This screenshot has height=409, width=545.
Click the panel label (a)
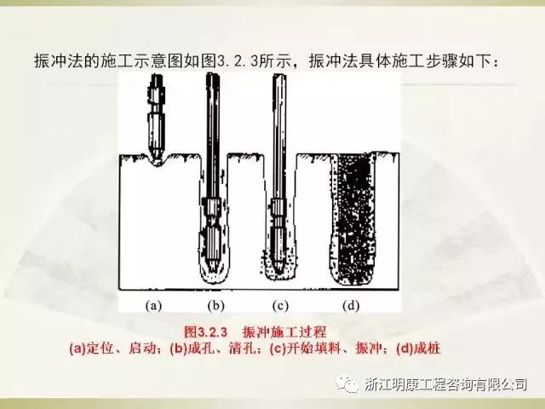point(153,306)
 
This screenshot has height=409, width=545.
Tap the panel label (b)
point(215,306)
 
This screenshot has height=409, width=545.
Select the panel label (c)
point(280,306)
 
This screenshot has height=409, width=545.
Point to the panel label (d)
point(351,306)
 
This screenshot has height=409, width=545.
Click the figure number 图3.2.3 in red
point(205,331)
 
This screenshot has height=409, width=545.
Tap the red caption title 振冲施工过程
point(284,331)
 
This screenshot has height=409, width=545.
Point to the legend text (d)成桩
point(418,349)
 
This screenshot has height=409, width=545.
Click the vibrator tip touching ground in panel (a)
point(157,159)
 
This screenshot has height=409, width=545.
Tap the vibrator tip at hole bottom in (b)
point(212,268)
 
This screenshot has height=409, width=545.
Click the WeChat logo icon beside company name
point(348,384)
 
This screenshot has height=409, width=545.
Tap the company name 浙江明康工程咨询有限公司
point(446,384)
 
